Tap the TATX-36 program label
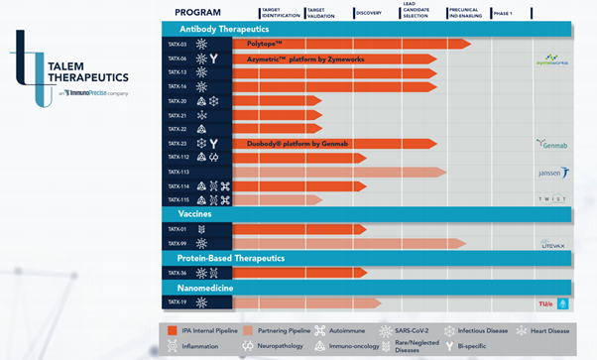click(177, 273)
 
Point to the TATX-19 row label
click(177, 302)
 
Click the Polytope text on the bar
click(265, 45)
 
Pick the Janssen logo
click(551, 173)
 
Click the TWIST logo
click(551, 199)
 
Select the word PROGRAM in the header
click(204, 12)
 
